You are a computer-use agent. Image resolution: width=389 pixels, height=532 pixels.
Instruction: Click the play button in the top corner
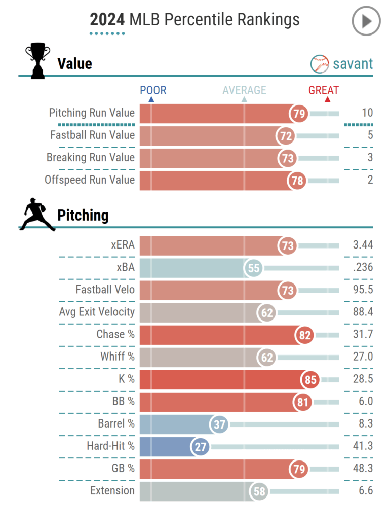point(366,21)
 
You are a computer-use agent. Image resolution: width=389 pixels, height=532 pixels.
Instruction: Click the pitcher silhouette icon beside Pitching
point(36,215)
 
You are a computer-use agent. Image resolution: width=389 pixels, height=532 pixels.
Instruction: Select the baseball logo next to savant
point(319,64)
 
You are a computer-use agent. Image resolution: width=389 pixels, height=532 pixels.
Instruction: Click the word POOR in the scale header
point(153,91)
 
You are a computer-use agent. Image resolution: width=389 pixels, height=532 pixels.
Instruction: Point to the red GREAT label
point(324,91)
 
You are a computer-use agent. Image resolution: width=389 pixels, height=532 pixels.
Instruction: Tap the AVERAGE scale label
point(244,91)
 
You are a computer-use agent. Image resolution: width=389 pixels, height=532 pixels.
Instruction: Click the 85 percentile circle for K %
point(310,379)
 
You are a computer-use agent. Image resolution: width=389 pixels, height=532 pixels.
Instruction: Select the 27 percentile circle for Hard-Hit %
point(200,446)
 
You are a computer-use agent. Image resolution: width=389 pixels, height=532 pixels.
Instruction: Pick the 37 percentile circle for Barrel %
point(219,424)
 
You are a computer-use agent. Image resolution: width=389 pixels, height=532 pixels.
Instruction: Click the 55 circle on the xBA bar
point(253,268)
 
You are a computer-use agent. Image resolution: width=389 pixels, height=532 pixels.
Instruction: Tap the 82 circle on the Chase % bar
point(305,335)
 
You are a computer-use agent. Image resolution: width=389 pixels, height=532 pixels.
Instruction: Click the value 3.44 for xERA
point(363,245)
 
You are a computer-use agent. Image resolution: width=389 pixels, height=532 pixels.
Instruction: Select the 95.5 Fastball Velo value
point(363,290)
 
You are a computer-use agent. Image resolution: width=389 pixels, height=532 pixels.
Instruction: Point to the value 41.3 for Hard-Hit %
point(363,446)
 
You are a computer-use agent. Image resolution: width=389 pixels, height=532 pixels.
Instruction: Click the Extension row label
point(112,490)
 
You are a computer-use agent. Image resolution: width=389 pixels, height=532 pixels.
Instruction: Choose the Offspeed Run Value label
point(90,180)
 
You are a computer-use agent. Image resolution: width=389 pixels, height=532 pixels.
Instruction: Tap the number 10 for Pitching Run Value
point(367,113)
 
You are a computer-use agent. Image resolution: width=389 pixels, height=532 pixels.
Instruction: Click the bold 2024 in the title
point(107,20)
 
